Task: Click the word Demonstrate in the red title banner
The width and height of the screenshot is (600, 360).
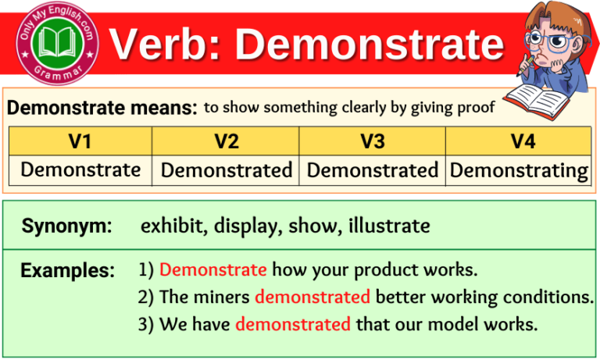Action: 370,45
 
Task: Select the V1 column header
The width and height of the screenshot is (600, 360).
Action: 80,141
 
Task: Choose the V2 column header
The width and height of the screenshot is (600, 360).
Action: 226,141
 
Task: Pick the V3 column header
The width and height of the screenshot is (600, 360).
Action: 372,141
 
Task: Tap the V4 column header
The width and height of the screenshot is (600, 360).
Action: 519,141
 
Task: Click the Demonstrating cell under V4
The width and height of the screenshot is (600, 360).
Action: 519,169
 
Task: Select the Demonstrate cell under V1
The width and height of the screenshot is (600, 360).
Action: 80,169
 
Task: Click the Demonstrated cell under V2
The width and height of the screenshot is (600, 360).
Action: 226,169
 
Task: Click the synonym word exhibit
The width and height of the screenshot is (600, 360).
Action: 167,226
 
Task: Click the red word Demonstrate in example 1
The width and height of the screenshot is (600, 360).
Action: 212,271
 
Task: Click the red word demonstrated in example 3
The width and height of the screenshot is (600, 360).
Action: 292,323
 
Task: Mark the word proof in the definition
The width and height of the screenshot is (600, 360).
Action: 478,108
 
